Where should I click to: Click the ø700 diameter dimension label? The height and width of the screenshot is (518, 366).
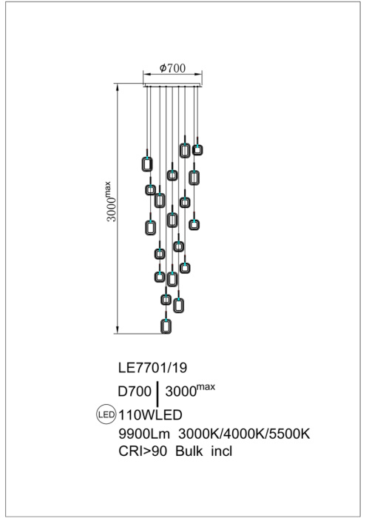tap(172, 68)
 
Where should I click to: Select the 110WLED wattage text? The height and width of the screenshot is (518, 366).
tap(151, 414)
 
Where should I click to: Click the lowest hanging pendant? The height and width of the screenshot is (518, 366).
tap(166, 326)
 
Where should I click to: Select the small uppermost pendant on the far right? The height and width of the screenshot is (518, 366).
tap(197, 149)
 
